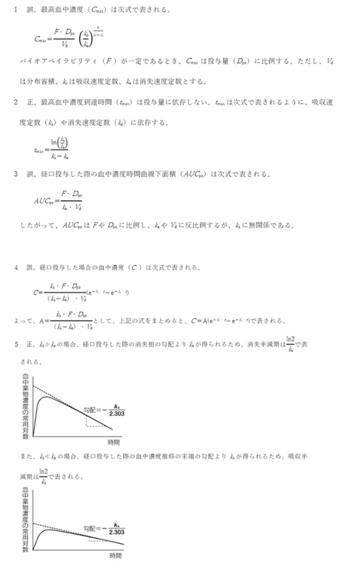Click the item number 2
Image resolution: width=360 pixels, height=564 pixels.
pos(17,103)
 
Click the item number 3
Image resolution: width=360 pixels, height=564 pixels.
pos(17,174)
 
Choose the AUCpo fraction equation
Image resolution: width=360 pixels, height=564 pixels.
pos(59,201)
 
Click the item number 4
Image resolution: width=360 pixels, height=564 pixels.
pos(17,268)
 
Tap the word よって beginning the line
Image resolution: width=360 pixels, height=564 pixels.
pos(22,320)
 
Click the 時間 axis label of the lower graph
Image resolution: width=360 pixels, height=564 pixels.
pos(115,556)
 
